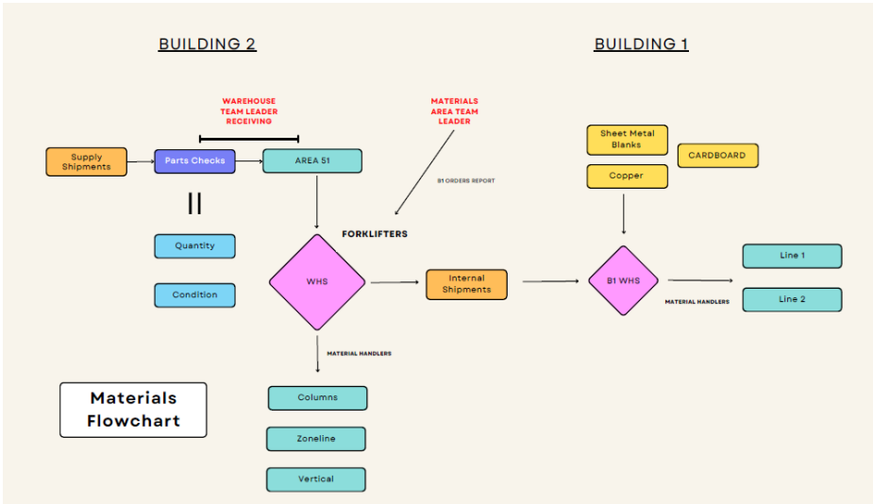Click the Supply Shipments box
[87, 161]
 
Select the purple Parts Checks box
[194, 160]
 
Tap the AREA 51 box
[311, 160]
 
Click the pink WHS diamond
[317, 281]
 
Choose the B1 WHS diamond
[623, 280]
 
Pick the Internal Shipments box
[466, 284]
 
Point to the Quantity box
[194, 246]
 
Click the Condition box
[194, 295]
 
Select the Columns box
[317, 397]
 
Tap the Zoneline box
[315, 439]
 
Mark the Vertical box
[315, 479]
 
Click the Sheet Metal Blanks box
[627, 140]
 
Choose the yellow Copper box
[627, 176]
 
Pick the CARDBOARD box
[717, 156]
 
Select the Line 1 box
[792, 256]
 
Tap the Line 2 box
[792, 299]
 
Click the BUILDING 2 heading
[208, 44]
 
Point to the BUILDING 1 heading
[641, 44]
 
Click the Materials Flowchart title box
[133, 410]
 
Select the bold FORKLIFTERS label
[375, 234]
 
